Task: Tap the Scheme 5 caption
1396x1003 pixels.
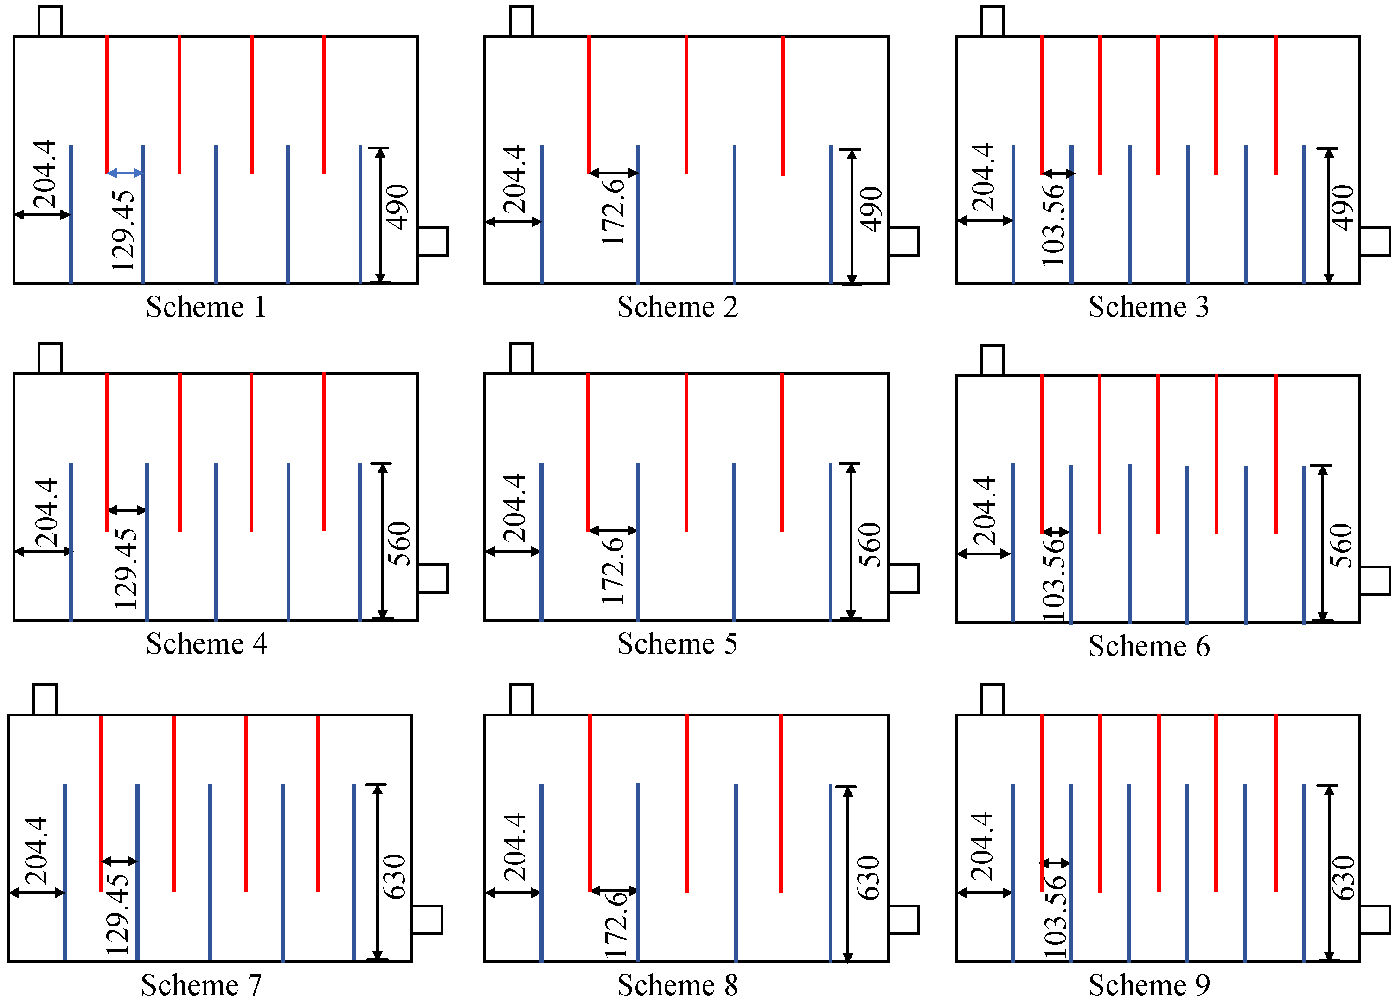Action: coord(677,643)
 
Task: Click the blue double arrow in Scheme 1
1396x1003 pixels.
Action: coord(125,174)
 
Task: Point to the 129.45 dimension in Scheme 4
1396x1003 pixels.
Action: coord(126,568)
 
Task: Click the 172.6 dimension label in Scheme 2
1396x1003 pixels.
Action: coord(613,212)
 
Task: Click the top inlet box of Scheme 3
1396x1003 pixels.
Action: coord(992,21)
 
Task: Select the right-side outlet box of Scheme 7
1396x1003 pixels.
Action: coord(427,920)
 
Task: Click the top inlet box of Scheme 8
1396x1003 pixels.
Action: coord(521,700)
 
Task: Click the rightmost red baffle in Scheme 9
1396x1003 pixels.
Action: coord(1276,803)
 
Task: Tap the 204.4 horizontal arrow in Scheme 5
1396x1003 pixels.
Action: coord(513,552)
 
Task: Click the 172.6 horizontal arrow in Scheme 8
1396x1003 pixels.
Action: coord(614,890)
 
